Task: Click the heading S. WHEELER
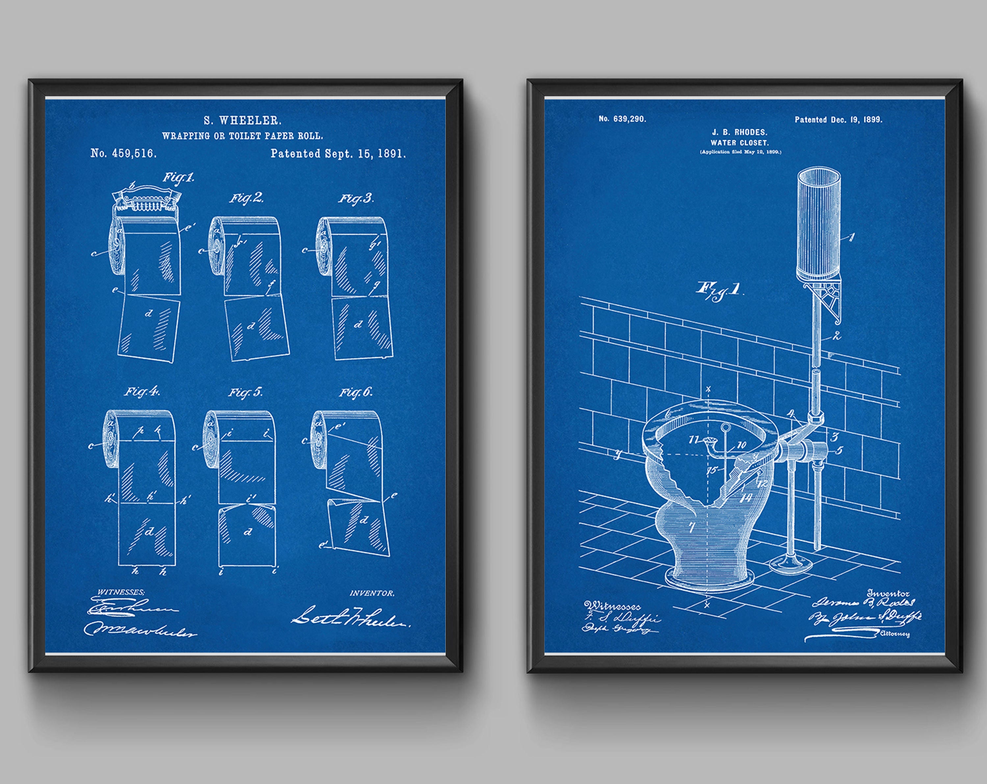pyautogui.click(x=242, y=121)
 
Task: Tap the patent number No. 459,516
pyautogui.click(x=124, y=154)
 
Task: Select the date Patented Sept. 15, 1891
pyautogui.click(x=338, y=154)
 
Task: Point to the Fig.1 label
pyautogui.click(x=179, y=178)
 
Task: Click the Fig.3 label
pyautogui.click(x=356, y=199)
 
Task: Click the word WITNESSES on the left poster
pyautogui.click(x=121, y=592)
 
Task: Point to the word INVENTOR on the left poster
pyautogui.click(x=372, y=593)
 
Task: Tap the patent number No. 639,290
pyautogui.click(x=622, y=119)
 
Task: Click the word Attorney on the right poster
pyautogui.click(x=895, y=634)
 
